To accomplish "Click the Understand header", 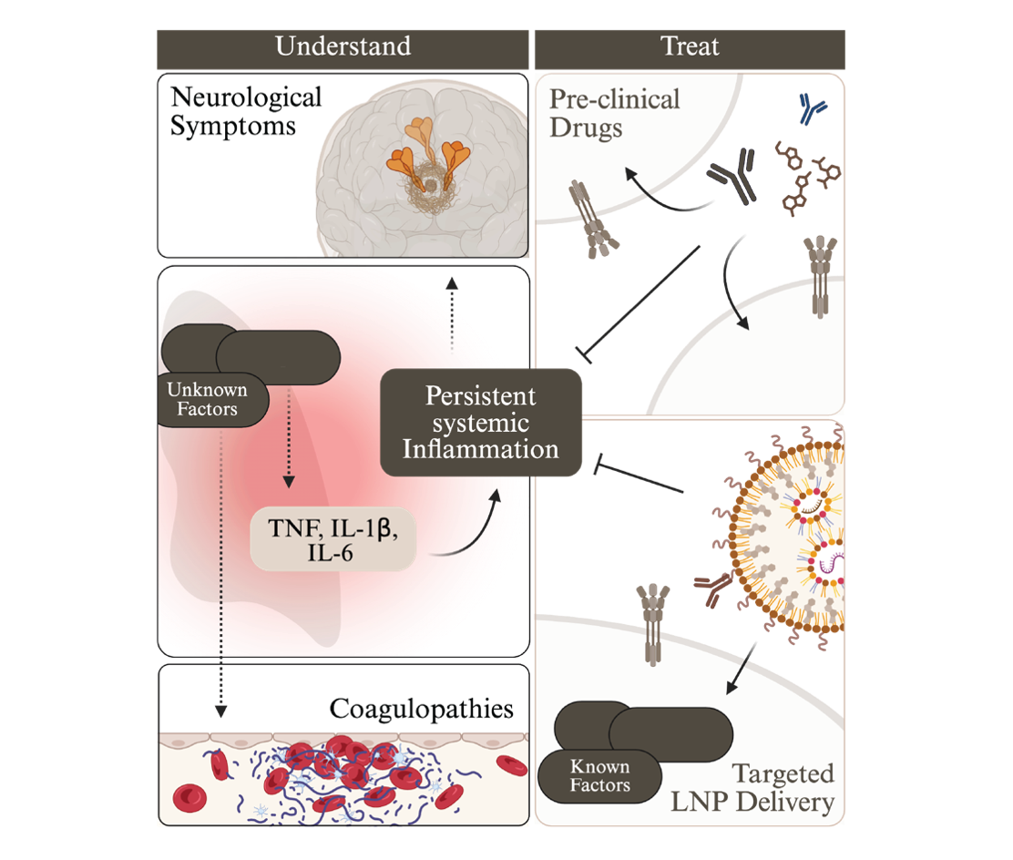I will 343,46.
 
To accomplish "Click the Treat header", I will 691,46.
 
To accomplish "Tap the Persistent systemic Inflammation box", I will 480,423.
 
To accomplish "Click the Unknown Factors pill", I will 208,399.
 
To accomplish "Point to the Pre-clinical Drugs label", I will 615,111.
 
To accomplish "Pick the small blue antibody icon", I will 807,107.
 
